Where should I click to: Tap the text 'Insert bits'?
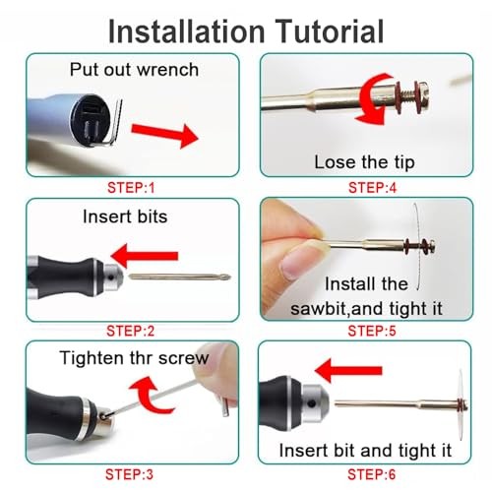click(125, 215)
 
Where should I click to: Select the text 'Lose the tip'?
click(364, 161)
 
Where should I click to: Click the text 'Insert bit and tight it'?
click(365, 450)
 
